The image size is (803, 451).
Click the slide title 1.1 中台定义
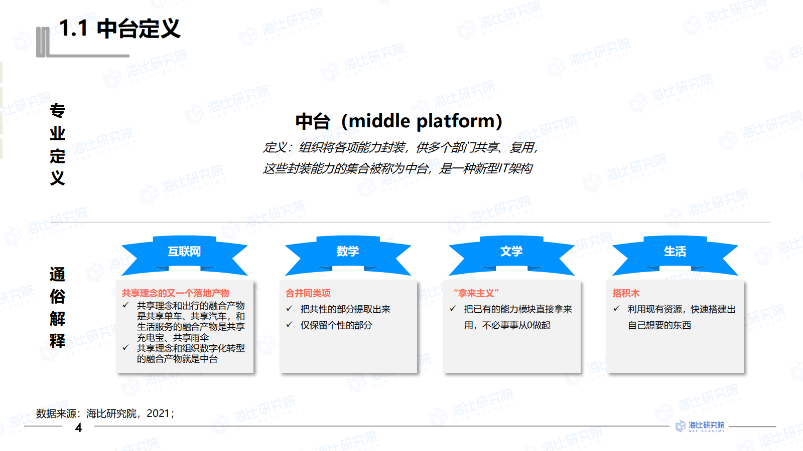click(119, 29)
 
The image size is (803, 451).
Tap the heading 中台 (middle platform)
click(398, 121)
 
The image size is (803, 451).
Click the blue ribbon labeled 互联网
click(184, 252)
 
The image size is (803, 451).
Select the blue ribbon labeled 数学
click(348, 252)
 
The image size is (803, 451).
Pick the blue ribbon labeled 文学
click(511, 252)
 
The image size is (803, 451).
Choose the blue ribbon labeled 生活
click(675, 252)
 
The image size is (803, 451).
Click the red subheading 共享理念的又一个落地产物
click(175, 293)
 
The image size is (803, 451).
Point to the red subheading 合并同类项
click(308, 293)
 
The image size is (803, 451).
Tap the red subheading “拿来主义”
click(476, 293)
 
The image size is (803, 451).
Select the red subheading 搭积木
click(626, 293)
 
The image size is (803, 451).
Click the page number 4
click(78, 427)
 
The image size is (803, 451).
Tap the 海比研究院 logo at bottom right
click(700, 426)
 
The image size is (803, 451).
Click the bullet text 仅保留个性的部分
click(336, 325)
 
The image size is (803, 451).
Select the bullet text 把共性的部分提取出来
click(345, 309)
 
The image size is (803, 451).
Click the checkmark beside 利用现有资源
click(616, 309)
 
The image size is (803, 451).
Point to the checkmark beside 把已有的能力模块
click(453, 309)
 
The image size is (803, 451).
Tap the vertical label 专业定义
click(58, 144)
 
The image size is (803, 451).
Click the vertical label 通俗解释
click(58, 308)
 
